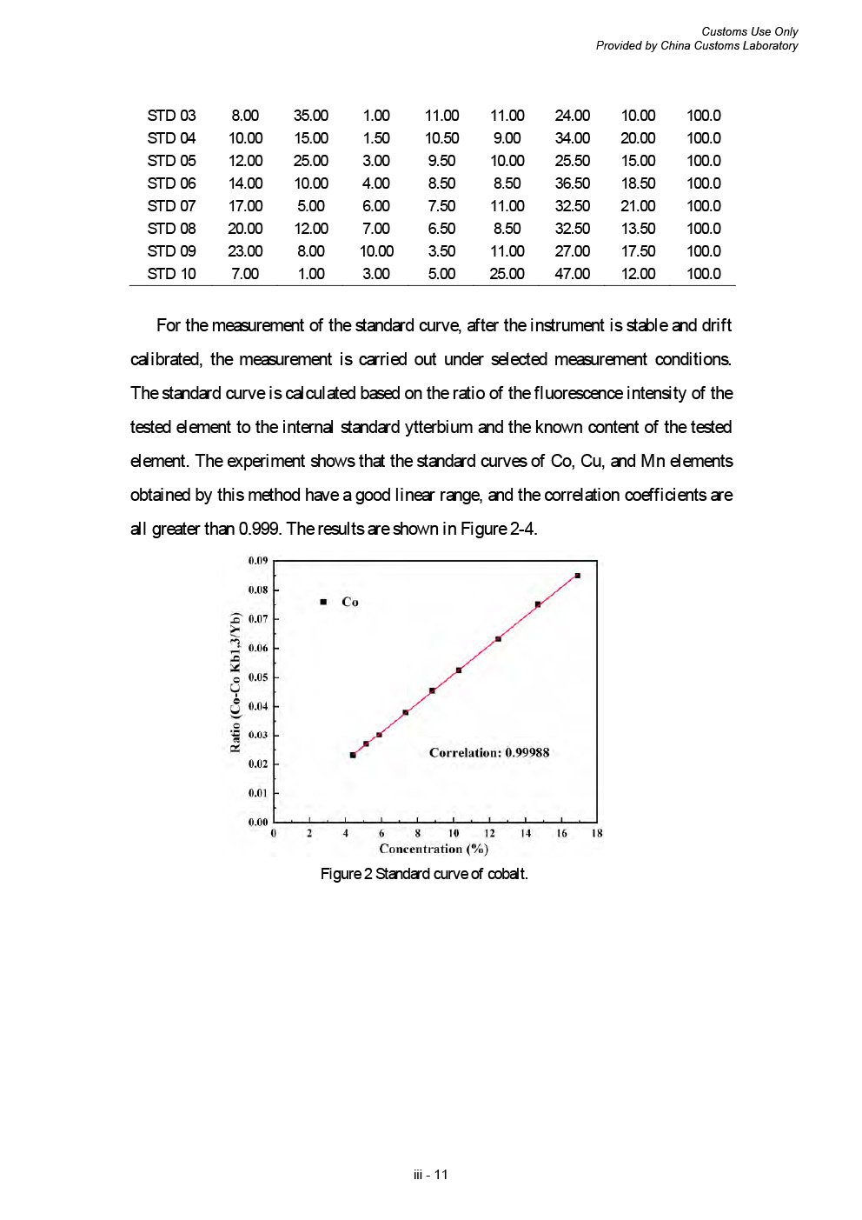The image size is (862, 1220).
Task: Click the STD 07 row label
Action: coord(171,206)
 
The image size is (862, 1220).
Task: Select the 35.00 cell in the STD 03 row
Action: coord(310,116)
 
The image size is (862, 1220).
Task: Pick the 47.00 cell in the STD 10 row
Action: coord(572,274)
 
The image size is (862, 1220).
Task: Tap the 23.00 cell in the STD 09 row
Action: coord(245,251)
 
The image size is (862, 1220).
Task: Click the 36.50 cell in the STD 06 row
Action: coord(572,183)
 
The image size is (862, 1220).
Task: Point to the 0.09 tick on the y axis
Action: coord(258,561)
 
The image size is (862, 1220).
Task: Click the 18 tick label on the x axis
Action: coord(597,833)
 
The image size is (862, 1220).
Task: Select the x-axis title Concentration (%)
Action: coord(434,849)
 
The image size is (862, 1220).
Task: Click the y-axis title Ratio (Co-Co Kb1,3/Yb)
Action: coord(235,683)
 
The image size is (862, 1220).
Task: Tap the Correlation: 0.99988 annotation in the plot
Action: coord(489,753)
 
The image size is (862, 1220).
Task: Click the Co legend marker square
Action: coord(323,602)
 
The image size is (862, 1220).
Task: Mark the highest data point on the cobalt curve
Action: coord(577,576)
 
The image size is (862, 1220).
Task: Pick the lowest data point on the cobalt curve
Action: coord(353,755)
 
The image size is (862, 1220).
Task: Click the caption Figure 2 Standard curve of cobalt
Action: coord(424,874)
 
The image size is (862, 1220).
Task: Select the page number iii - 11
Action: coord(431,1175)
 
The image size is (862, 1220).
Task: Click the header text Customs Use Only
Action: coord(749,31)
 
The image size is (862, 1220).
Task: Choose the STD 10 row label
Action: coord(171,274)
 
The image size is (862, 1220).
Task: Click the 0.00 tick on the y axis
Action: coord(258,822)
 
